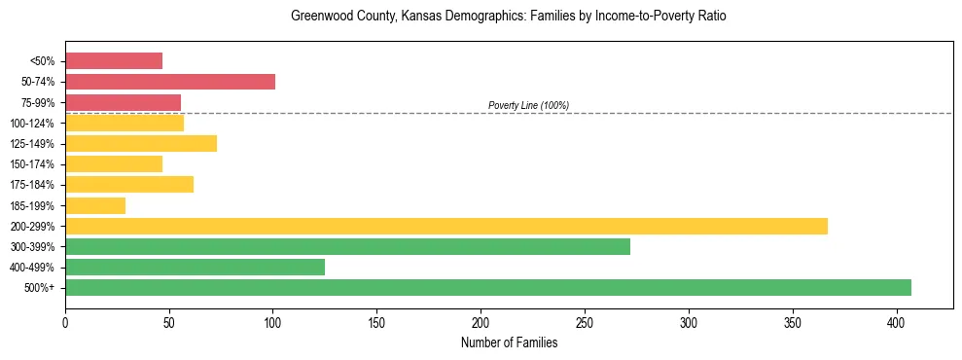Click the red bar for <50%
114,61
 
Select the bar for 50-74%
170,82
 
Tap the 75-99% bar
123,102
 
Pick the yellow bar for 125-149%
141,144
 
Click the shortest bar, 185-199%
95,205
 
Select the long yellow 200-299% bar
446,226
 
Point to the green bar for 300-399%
347,247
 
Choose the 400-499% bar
195,268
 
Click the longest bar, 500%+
488,288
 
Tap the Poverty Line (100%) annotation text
528,105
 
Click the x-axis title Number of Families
509,342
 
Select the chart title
509,17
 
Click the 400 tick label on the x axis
897,321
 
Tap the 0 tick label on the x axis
65,321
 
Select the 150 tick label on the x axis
376,321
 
